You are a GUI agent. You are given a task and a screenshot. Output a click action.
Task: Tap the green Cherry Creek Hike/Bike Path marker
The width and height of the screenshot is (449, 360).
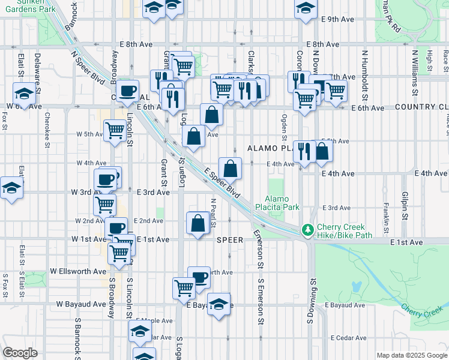(308, 230)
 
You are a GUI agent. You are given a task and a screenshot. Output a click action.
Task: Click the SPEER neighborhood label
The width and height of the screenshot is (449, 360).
(230, 240)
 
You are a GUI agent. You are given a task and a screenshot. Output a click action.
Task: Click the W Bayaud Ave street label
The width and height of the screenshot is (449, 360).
(81, 304)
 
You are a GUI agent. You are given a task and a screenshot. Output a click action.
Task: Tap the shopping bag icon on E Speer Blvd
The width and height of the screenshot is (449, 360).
(231, 168)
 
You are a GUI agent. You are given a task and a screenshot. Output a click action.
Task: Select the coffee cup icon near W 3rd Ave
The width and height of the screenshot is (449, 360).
(106, 179)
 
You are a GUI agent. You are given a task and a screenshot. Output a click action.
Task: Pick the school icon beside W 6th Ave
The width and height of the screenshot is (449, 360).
(25, 93)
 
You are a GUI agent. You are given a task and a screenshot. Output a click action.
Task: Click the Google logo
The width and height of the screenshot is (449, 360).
(20, 353)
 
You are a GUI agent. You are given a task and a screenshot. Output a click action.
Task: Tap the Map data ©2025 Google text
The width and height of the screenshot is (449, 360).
(411, 355)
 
